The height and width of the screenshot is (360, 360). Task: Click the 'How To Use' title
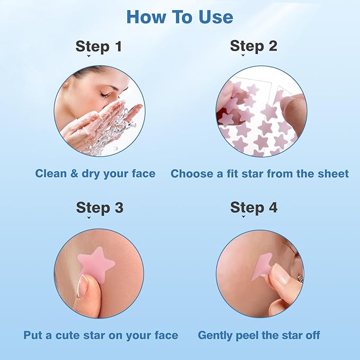(x=180, y=17)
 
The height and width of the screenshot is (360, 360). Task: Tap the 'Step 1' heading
(x=99, y=46)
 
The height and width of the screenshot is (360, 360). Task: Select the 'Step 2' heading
(x=253, y=46)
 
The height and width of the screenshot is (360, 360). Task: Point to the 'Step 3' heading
(x=99, y=207)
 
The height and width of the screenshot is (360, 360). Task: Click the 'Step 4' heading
(x=253, y=207)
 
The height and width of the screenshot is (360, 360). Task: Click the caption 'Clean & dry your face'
(x=95, y=173)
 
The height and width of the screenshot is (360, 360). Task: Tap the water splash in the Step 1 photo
(x=114, y=130)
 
